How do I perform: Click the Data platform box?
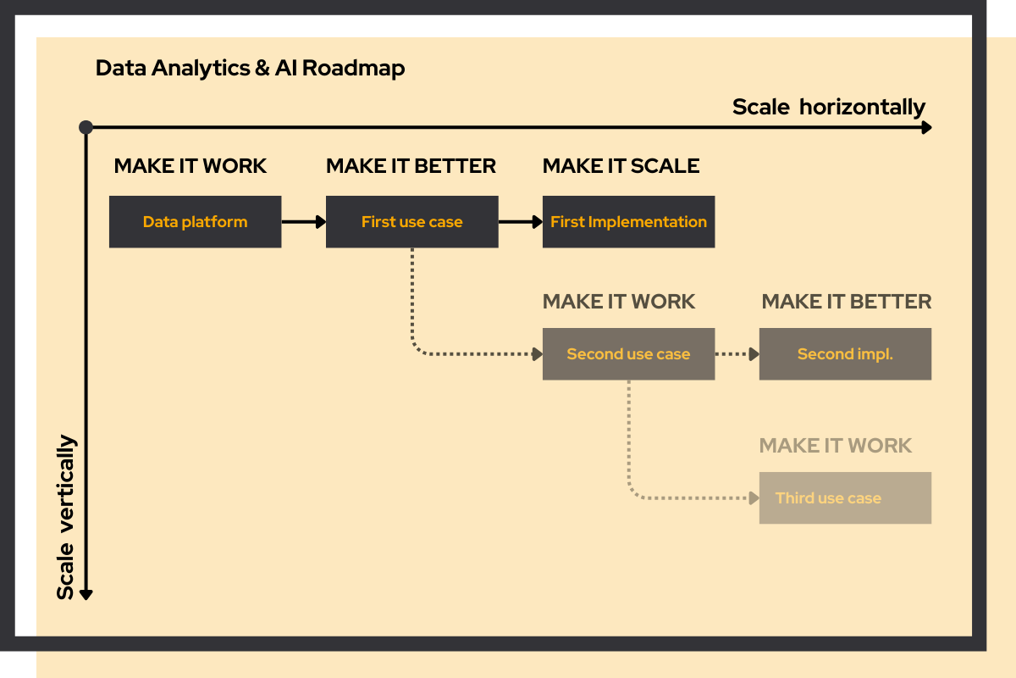[195, 222]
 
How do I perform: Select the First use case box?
[411, 222]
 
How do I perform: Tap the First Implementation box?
[628, 222]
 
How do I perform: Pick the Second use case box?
[628, 354]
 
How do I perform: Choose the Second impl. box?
[845, 354]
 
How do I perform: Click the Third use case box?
[845, 498]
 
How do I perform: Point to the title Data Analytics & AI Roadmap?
[250, 68]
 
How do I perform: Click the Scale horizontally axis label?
[828, 108]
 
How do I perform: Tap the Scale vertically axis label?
[66, 517]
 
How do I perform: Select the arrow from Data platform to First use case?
[303, 222]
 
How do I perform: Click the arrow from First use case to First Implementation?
[520, 222]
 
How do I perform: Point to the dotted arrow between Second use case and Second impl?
[737, 354]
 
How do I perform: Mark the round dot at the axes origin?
[86, 127]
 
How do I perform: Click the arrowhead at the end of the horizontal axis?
[926, 127]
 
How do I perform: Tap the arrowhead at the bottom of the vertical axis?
[86, 594]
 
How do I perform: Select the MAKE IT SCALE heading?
[621, 166]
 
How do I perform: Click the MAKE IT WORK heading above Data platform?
[190, 166]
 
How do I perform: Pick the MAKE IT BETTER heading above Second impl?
[846, 302]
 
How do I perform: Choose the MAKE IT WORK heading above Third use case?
[835, 446]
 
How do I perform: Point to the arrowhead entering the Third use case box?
[753, 498]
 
